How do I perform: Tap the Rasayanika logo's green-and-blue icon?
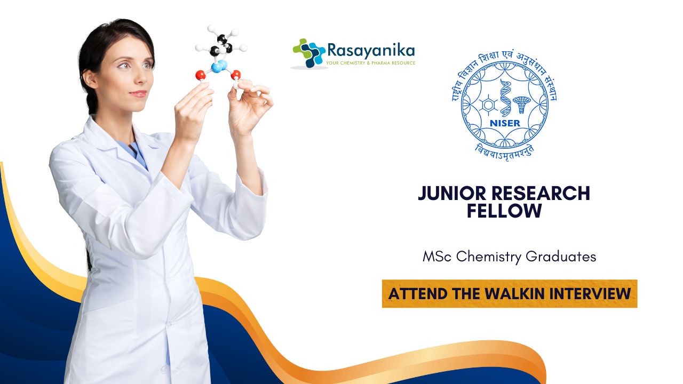[309, 53]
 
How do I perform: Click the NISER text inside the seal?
[505, 123]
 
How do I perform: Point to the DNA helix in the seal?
[505, 98]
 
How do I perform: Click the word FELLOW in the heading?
[504, 211]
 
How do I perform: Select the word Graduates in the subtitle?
[561, 257]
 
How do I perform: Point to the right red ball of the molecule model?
[236, 75]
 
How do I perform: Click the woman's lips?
[138, 93]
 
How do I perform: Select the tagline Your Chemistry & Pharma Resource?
[370, 63]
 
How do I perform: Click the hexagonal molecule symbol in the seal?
[488, 105]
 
